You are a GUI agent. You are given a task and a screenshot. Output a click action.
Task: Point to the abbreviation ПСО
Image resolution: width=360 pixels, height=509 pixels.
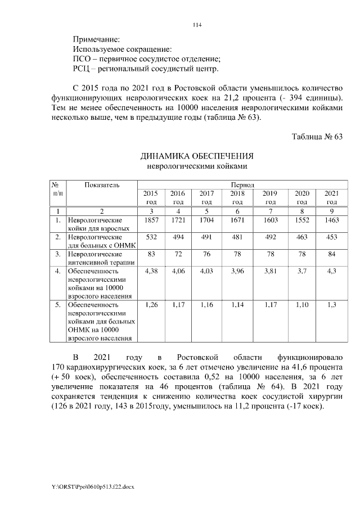(82, 59)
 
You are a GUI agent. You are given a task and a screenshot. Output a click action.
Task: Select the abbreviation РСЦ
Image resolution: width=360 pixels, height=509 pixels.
(83, 69)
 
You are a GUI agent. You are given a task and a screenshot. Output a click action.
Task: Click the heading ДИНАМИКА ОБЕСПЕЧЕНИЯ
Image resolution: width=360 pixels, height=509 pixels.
(197, 156)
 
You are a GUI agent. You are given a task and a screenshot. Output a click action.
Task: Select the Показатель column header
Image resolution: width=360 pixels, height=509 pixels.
(102, 184)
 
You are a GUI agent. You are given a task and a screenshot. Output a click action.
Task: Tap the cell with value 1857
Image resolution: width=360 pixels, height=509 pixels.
(151, 220)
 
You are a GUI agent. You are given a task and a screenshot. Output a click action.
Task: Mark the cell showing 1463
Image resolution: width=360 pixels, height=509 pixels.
(332, 220)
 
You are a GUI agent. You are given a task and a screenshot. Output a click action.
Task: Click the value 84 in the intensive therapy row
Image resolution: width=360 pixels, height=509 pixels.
(332, 255)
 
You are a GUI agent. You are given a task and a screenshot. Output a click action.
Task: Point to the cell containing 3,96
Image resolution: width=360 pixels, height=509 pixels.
(237, 272)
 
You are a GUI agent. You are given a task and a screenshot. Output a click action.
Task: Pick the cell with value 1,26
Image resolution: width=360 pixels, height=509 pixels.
(151, 305)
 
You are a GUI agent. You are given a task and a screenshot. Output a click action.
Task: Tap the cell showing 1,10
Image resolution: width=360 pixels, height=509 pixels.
(302, 305)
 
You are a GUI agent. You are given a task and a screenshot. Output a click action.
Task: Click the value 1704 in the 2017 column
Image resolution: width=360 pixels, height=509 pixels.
(206, 220)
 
